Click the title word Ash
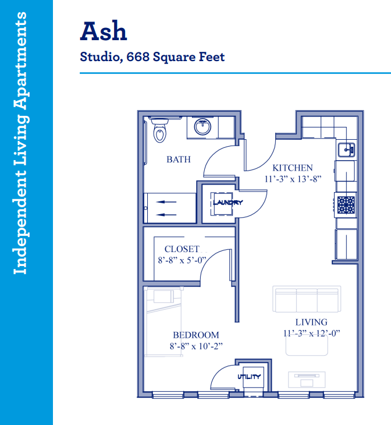click(x=104, y=31)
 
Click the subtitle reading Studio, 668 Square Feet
click(x=152, y=57)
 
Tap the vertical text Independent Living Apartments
click(x=20, y=143)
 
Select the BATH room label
click(x=179, y=160)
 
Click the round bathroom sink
click(x=202, y=126)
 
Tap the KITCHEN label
click(x=293, y=168)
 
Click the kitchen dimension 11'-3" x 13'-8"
click(x=293, y=179)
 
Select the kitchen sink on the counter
click(x=346, y=150)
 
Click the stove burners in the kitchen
click(x=346, y=205)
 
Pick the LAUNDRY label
click(x=228, y=202)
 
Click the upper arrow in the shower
click(x=166, y=202)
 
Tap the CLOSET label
click(x=182, y=249)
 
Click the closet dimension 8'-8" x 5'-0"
click(x=182, y=260)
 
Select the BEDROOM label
click(x=196, y=335)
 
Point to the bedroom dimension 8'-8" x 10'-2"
click(x=196, y=346)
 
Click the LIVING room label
click(x=311, y=322)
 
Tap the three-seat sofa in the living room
click(x=307, y=299)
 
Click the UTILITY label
click(x=249, y=377)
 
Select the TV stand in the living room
click(x=307, y=380)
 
